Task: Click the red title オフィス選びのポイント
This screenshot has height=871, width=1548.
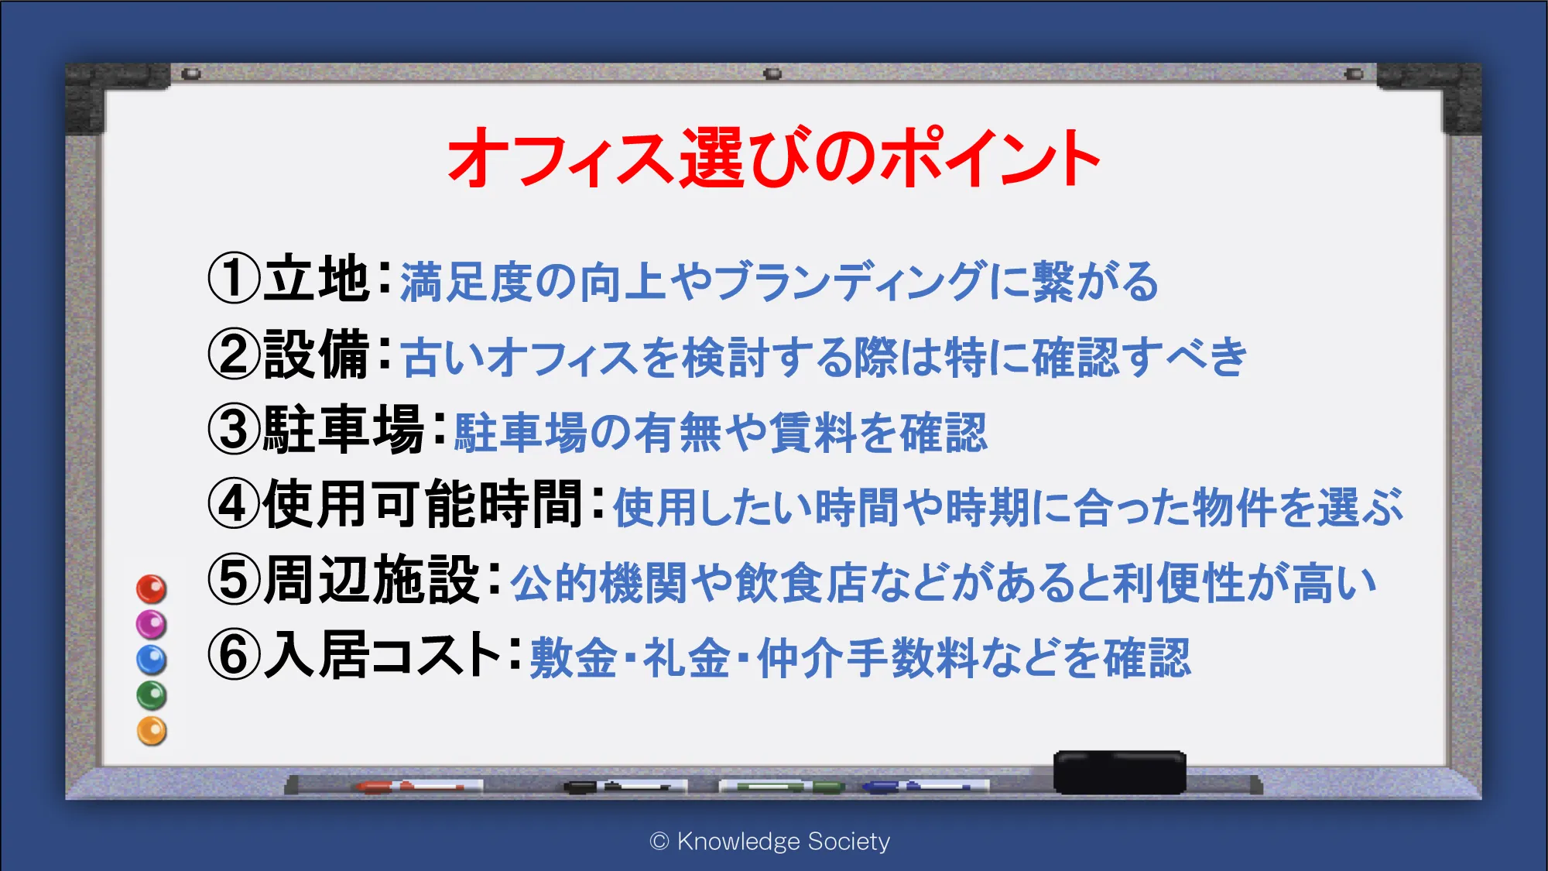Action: click(x=774, y=158)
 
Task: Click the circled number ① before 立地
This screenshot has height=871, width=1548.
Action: click(x=234, y=279)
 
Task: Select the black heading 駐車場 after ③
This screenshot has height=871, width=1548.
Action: click(x=344, y=429)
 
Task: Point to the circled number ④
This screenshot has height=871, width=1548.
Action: click(x=234, y=504)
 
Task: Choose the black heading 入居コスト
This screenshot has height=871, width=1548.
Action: click(x=382, y=655)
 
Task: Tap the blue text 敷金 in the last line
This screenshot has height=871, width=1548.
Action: click(x=574, y=658)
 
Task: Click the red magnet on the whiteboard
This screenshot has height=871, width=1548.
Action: click(x=152, y=589)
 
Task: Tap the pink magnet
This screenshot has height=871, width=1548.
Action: click(x=152, y=624)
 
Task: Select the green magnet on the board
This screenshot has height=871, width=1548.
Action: click(x=152, y=695)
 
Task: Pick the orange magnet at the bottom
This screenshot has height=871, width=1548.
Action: click(x=152, y=731)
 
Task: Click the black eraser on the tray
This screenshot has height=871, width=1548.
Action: click(x=1119, y=772)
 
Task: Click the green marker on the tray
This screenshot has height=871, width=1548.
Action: click(x=782, y=787)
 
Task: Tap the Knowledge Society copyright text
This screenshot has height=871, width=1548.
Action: click(x=770, y=842)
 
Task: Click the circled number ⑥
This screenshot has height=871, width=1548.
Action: click(x=234, y=655)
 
